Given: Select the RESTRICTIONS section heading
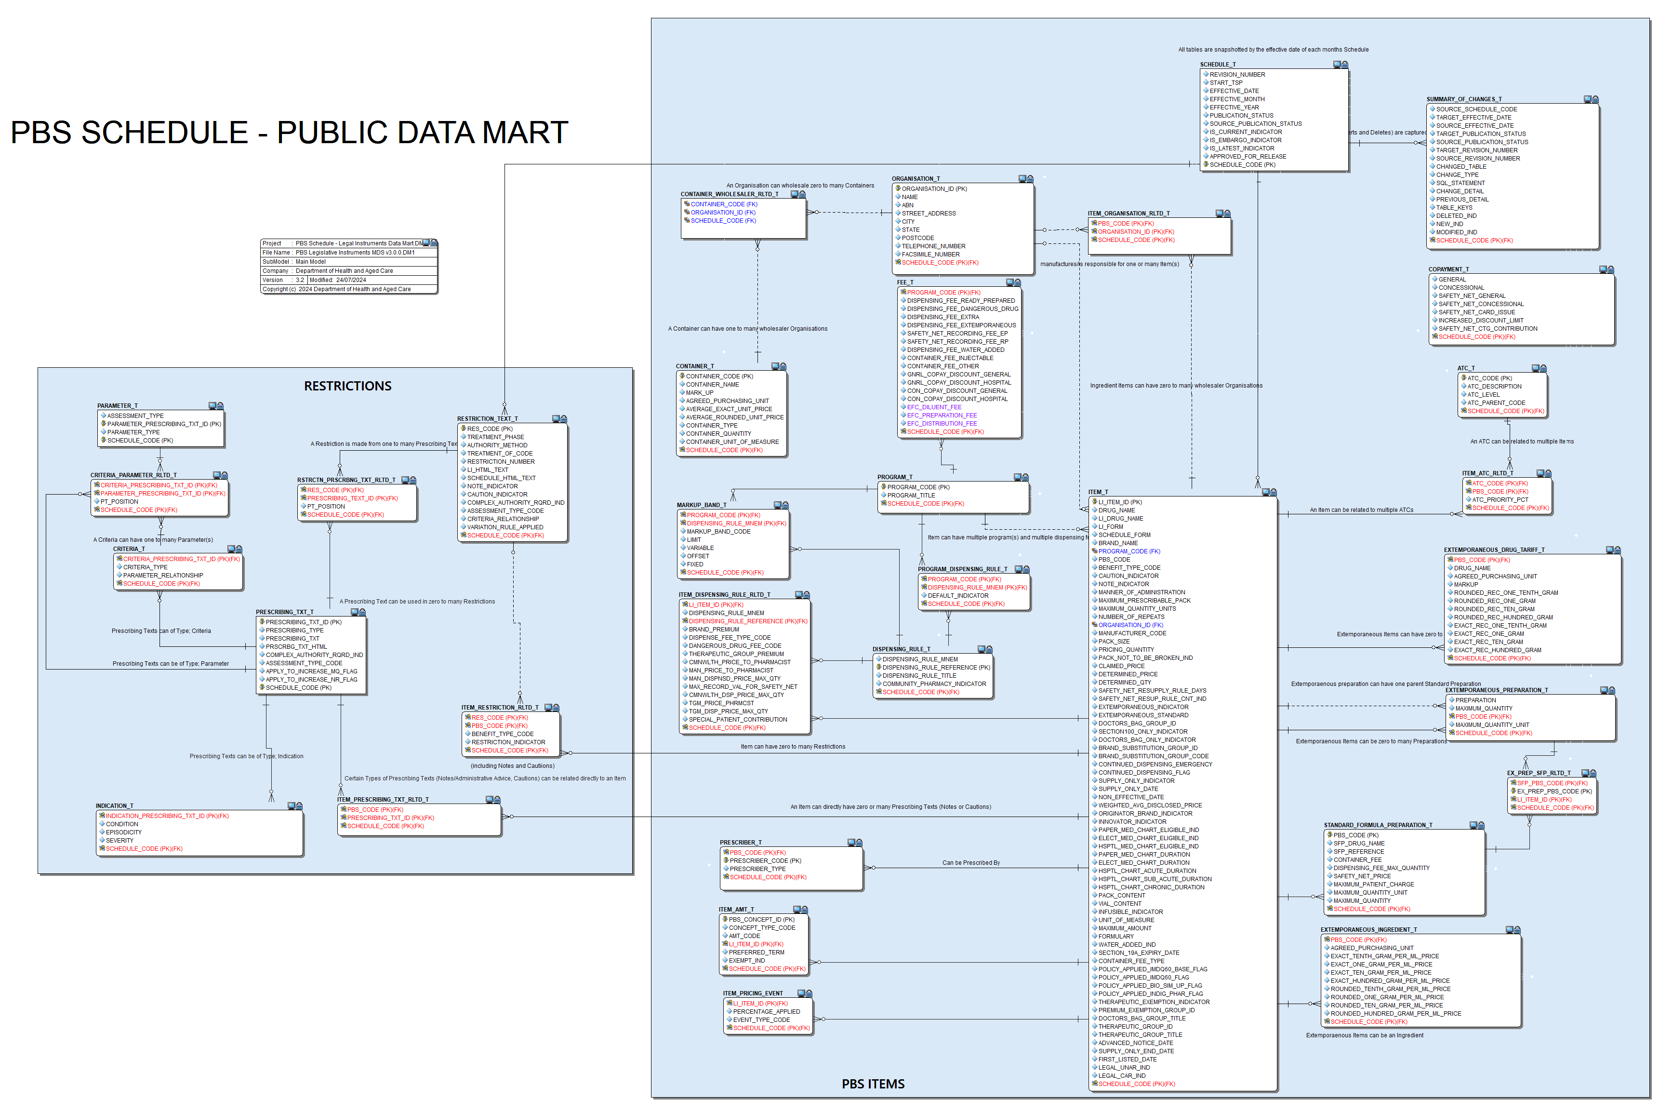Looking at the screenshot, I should click(347, 386).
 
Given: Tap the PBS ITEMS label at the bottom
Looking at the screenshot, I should click(873, 1084).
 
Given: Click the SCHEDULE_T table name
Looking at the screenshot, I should click(1217, 65).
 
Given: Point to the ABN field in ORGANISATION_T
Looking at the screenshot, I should click(907, 205).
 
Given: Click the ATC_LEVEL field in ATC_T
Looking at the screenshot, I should click(1483, 395).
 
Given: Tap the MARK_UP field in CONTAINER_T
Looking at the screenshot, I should click(700, 392).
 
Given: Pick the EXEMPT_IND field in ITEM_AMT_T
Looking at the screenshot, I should click(746, 960).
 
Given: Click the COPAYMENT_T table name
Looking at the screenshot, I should click(1448, 270).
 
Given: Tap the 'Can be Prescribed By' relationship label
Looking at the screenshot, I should click(970, 863).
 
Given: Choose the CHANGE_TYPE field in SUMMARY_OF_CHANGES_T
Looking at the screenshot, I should click(1457, 174).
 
